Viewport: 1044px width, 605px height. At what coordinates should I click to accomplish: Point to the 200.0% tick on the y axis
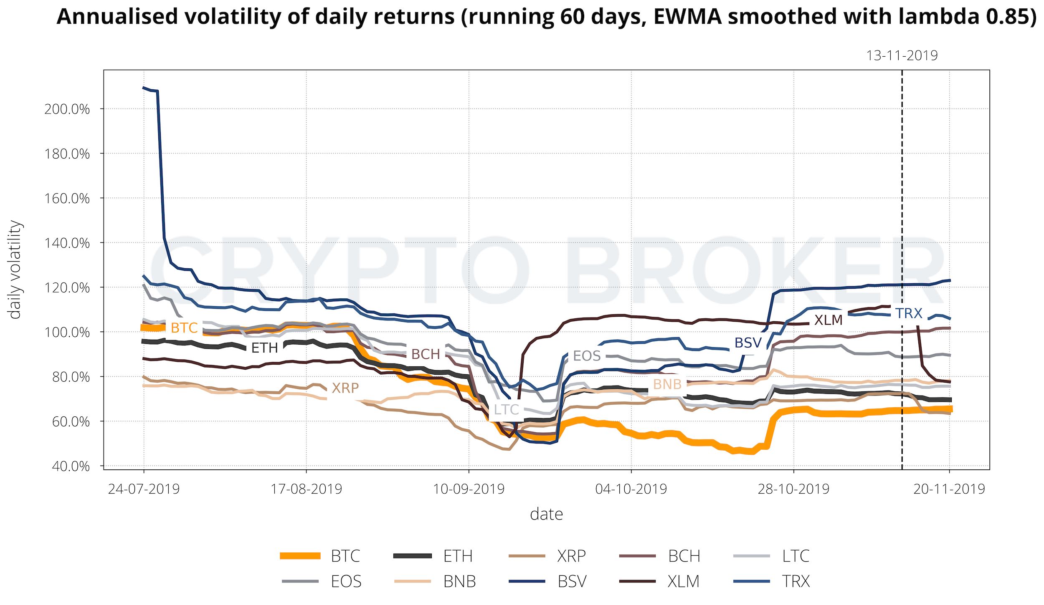[x=67, y=109]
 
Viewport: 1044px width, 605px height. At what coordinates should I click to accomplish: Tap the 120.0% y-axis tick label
[x=67, y=288]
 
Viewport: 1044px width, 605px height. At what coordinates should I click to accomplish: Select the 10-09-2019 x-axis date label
[x=469, y=489]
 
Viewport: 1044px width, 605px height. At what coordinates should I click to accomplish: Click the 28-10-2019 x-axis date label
[x=793, y=489]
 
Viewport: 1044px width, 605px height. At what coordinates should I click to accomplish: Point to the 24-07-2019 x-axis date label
[x=144, y=489]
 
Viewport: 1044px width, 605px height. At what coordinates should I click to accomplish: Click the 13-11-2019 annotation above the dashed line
[x=902, y=55]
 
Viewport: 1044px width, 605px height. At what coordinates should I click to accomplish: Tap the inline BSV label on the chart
[x=748, y=343]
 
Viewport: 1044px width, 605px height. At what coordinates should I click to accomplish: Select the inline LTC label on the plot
[x=506, y=410]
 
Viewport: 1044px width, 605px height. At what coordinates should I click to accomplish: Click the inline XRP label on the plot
[x=345, y=388]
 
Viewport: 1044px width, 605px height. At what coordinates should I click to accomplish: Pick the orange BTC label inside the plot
[x=184, y=328]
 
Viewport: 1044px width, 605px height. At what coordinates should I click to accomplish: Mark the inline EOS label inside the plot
[x=587, y=356]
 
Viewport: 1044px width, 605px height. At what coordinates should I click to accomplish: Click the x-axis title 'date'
[x=546, y=514]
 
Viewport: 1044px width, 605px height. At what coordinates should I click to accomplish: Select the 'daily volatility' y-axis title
[x=15, y=270]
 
